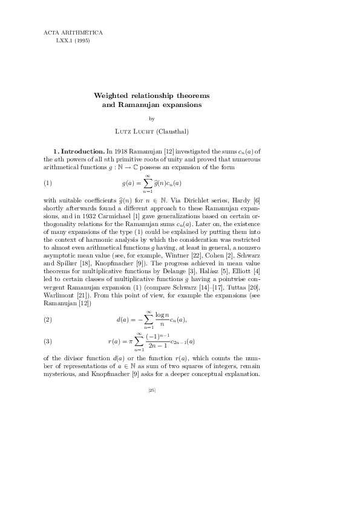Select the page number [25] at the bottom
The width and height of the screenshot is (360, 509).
[x=152, y=391]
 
